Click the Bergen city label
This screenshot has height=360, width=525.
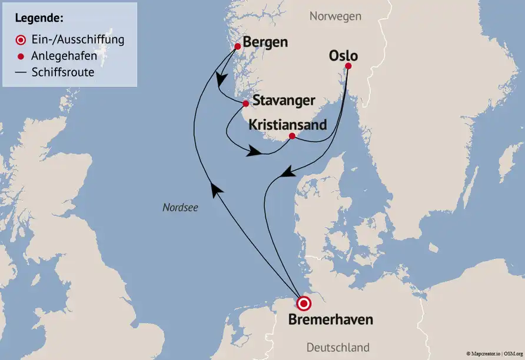coord(265,42)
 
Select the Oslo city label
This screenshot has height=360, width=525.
coord(344,55)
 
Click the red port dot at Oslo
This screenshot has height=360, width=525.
coord(348,66)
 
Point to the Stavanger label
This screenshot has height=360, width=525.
coord(284,101)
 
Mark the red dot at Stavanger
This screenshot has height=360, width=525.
coord(245,104)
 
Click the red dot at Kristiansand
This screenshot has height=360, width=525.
coord(292,136)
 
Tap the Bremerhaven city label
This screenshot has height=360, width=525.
coord(331,321)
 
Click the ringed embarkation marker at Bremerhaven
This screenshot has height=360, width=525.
coord(304,304)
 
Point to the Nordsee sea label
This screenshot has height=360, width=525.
coord(181,207)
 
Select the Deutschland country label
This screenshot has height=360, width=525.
coord(338,347)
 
